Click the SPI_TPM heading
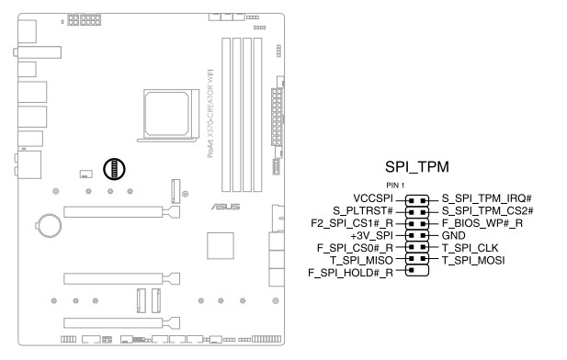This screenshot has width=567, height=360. (x=417, y=167)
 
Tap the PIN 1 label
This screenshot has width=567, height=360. (x=395, y=186)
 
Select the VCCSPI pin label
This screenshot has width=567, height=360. (x=373, y=198)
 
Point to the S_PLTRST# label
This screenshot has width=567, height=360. (x=363, y=210)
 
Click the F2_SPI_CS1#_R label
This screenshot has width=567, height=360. (x=352, y=223)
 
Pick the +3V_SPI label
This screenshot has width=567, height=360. (x=371, y=236)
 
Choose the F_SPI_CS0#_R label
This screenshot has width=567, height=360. (x=355, y=248)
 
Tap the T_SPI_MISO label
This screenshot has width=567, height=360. (x=361, y=260)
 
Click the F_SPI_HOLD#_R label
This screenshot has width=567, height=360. (x=350, y=273)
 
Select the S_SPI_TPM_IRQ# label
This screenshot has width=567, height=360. (x=487, y=198)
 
